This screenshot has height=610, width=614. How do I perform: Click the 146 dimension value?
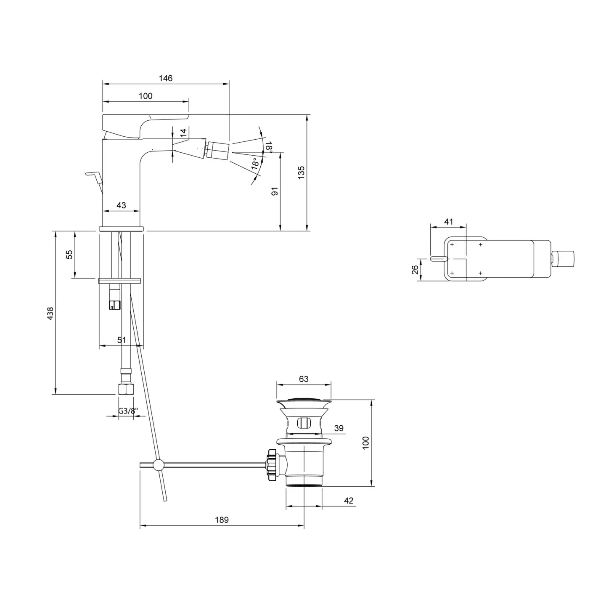point(165,78)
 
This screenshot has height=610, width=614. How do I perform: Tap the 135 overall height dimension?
point(301,172)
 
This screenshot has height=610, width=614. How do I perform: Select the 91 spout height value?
point(274,191)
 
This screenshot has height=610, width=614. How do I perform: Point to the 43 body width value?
point(121,205)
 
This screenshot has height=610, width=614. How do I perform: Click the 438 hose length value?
point(50,313)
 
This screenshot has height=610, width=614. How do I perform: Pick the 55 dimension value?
point(69,254)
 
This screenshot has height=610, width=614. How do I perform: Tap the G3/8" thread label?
point(128,411)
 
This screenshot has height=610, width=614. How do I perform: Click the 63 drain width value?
point(303,379)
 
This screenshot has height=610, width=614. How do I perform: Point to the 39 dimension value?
point(339,428)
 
